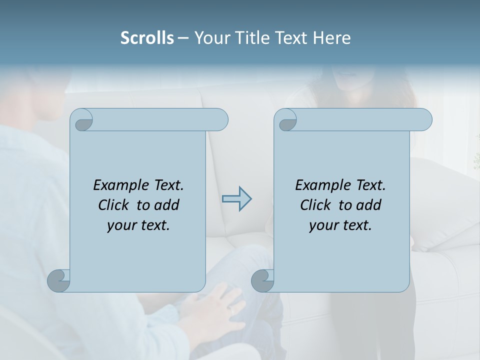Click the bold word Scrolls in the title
(x=147, y=38)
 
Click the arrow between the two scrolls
(x=236, y=199)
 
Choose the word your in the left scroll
(x=121, y=225)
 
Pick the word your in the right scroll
(x=323, y=225)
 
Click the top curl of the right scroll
(x=287, y=120)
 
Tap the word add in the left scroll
(x=167, y=205)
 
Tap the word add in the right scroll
(x=369, y=205)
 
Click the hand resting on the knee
(x=212, y=310)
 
